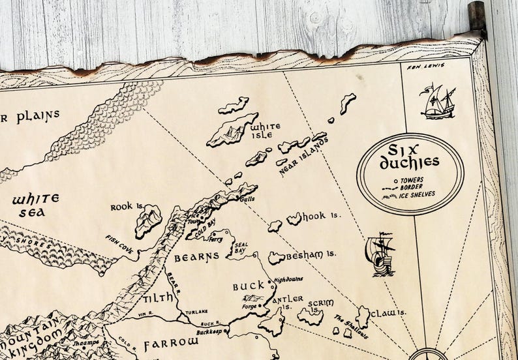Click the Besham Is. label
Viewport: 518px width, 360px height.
tap(311, 254)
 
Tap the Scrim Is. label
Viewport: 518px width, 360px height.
tap(320, 306)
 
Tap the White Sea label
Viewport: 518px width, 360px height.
tap(36, 203)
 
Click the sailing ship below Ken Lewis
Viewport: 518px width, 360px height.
tap(438, 103)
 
